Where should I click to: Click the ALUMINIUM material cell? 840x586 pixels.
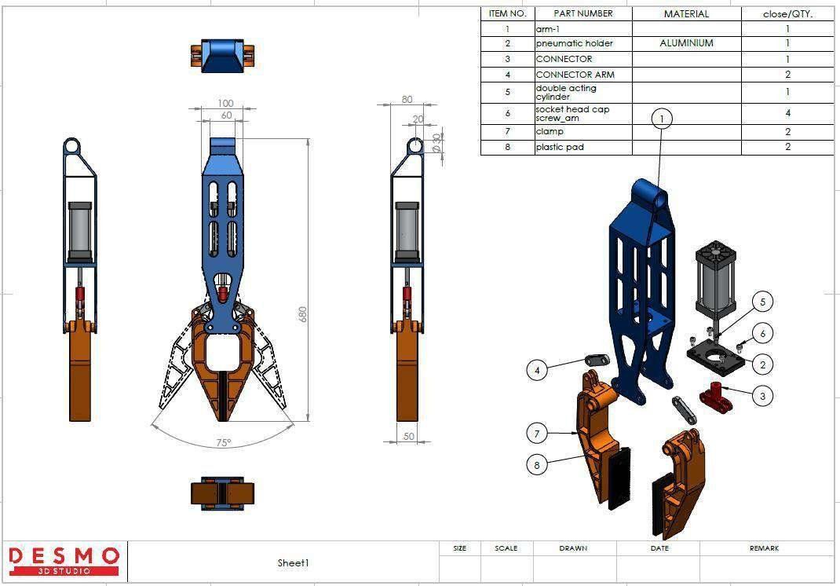pyautogui.click(x=686, y=44)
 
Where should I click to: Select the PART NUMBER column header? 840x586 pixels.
pyautogui.click(x=583, y=13)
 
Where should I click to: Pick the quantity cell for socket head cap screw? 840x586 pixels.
pyautogui.click(x=787, y=113)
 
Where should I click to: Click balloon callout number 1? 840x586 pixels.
pyautogui.click(x=662, y=119)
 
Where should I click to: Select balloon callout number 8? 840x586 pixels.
pyautogui.click(x=537, y=464)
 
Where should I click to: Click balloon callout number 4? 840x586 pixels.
pyautogui.click(x=537, y=369)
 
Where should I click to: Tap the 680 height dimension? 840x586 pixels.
pyautogui.click(x=303, y=313)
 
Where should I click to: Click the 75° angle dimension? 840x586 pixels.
pyautogui.click(x=224, y=443)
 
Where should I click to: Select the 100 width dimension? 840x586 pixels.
pyautogui.click(x=225, y=104)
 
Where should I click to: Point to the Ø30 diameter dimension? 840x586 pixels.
pyautogui.click(x=437, y=143)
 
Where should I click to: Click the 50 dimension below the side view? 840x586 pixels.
pyautogui.click(x=409, y=436)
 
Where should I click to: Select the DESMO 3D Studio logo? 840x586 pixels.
pyautogui.click(x=64, y=560)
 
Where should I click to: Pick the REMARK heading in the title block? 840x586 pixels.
pyautogui.click(x=764, y=548)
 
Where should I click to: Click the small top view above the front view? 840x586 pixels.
pyautogui.click(x=224, y=55)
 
